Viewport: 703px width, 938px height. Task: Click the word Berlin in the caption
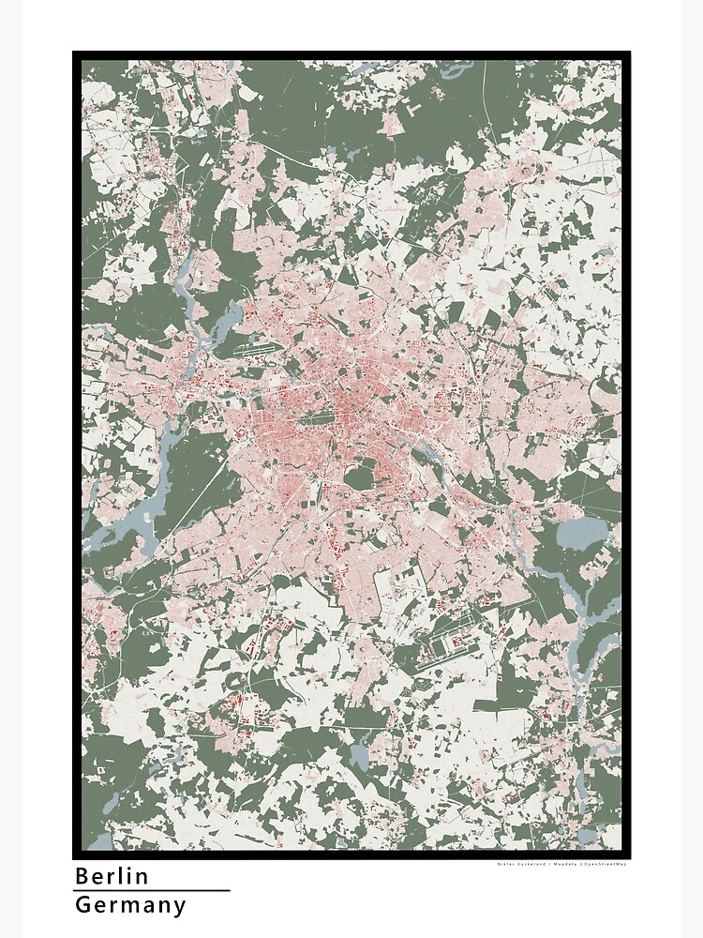click(112, 876)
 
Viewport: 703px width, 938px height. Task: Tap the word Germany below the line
click(130, 905)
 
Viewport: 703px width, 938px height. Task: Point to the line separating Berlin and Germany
click(151, 890)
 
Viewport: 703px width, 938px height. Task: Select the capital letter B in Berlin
click(82, 876)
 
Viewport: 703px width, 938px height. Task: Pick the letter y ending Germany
click(180, 907)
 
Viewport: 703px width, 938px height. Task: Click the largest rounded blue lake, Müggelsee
click(576, 536)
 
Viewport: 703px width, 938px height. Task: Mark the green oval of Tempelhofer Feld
click(359, 477)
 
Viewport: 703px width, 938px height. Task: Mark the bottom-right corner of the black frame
click(627, 855)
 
